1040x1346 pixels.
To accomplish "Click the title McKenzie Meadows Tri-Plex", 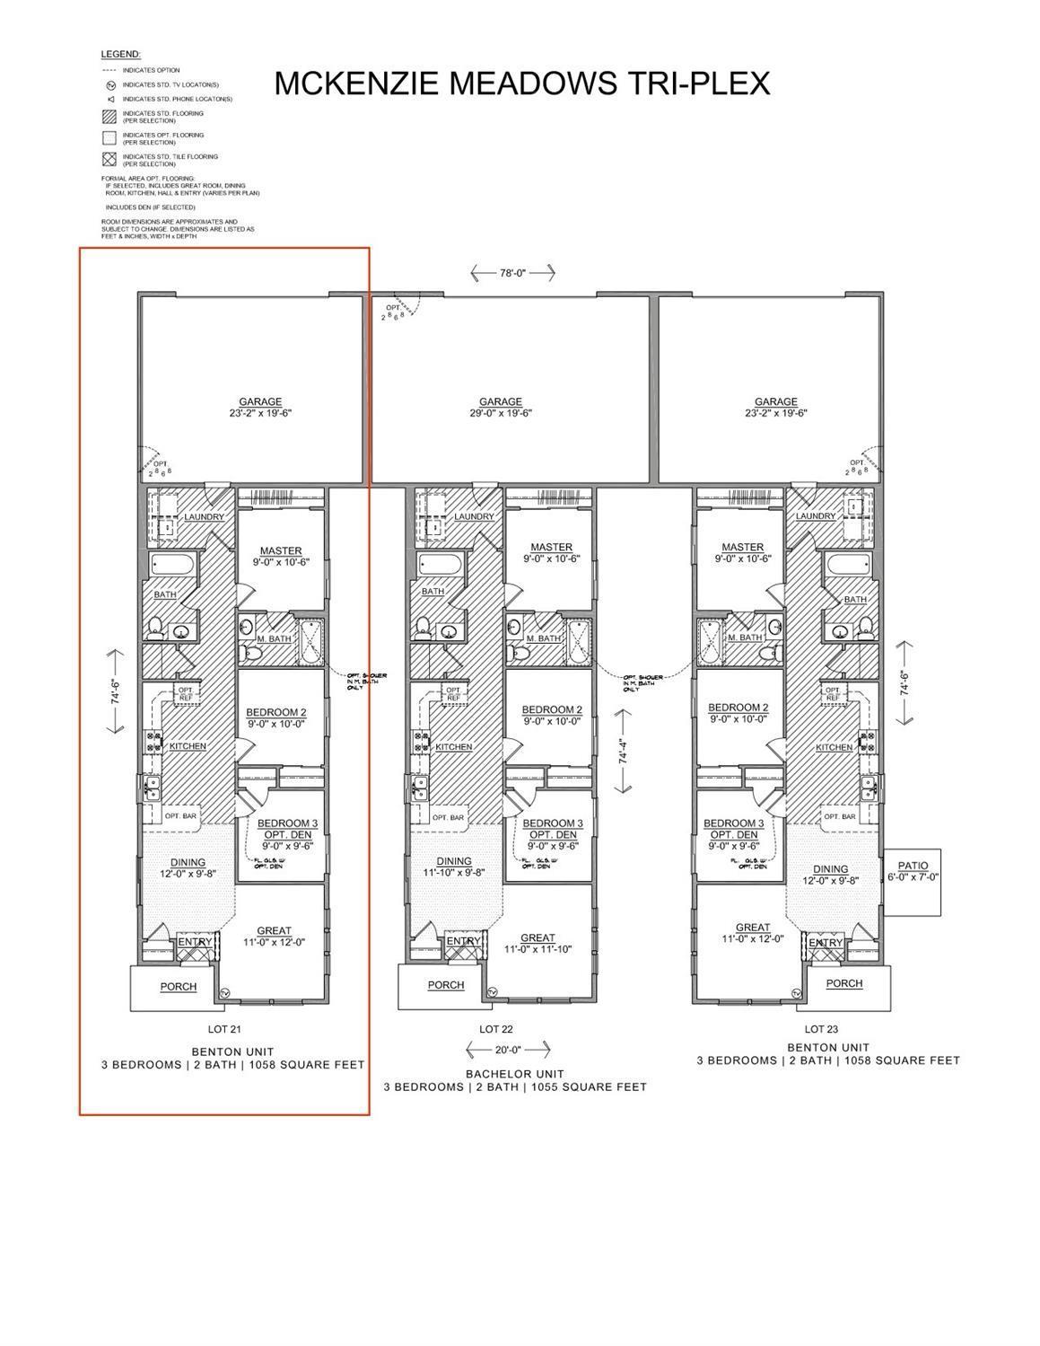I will click(x=521, y=83).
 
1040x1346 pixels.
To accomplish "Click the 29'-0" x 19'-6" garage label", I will click(x=500, y=408).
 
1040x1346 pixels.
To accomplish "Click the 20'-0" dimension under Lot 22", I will click(x=508, y=1049).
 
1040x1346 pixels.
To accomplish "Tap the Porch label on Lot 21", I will click(x=179, y=987).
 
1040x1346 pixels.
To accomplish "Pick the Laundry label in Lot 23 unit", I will click(x=816, y=516).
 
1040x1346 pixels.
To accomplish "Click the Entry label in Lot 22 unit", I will click(x=463, y=941).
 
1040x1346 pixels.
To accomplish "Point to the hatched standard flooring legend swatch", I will click(x=109, y=117).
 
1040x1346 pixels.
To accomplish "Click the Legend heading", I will click(x=120, y=55).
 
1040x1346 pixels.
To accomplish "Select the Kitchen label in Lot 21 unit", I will click(x=187, y=746).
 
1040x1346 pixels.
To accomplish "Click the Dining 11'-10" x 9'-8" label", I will click(x=454, y=867).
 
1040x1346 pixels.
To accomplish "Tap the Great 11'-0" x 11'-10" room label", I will click(x=537, y=943).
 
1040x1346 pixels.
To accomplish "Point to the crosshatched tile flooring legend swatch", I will click(x=109, y=160).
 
